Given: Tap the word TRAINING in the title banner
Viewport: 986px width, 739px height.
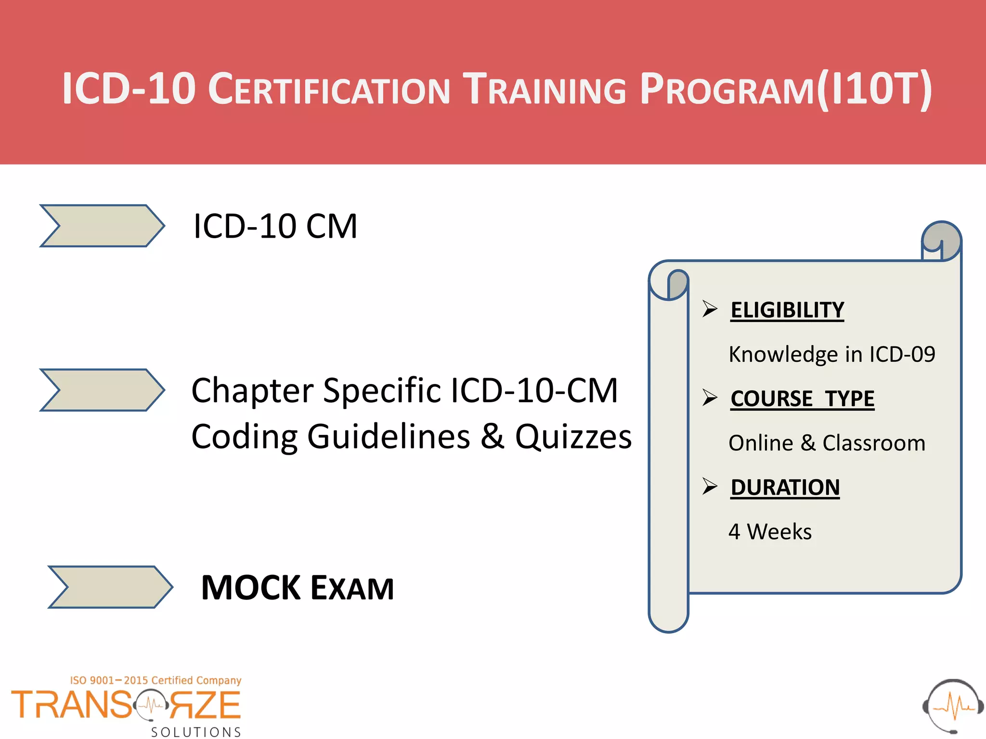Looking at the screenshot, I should (x=544, y=89).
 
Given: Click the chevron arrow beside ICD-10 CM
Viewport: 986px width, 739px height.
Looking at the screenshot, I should (x=102, y=226).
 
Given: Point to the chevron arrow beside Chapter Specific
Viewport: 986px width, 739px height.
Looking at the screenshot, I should (x=102, y=390).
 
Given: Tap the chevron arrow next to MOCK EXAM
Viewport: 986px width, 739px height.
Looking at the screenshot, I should (x=110, y=587).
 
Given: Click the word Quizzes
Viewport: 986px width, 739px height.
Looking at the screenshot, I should (x=573, y=437).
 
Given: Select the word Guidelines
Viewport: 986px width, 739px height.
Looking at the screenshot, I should (x=389, y=437).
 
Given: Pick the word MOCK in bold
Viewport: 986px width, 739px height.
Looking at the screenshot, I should (x=251, y=588).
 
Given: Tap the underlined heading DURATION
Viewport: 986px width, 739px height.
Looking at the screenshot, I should (x=785, y=487).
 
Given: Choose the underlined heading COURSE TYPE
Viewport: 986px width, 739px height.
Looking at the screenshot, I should (x=802, y=399).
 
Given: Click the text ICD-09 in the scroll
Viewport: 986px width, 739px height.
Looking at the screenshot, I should (x=902, y=355).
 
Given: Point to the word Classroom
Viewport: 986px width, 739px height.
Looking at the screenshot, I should (x=874, y=443).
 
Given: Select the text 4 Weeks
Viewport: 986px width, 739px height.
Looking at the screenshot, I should (x=770, y=532).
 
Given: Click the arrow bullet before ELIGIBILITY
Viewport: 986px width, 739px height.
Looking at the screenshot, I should (x=710, y=308).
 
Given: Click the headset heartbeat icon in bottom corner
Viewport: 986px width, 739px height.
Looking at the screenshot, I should (x=953, y=706).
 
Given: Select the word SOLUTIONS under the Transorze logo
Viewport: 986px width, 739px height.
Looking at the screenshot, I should (x=196, y=732).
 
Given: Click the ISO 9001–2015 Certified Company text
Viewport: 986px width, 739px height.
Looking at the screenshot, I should (x=156, y=680).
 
